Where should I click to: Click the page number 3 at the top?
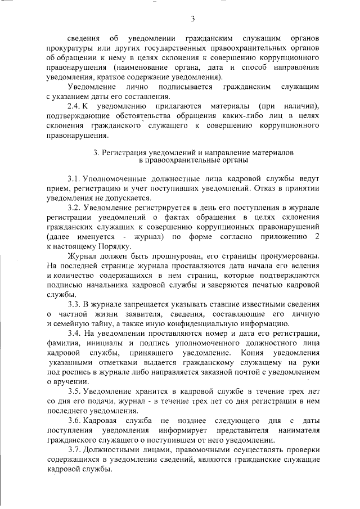(192, 20)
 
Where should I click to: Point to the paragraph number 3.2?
(74, 209)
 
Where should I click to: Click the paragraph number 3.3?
(75, 304)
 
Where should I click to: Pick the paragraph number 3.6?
(75, 421)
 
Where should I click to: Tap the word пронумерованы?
(288, 256)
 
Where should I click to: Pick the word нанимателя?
(300, 430)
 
